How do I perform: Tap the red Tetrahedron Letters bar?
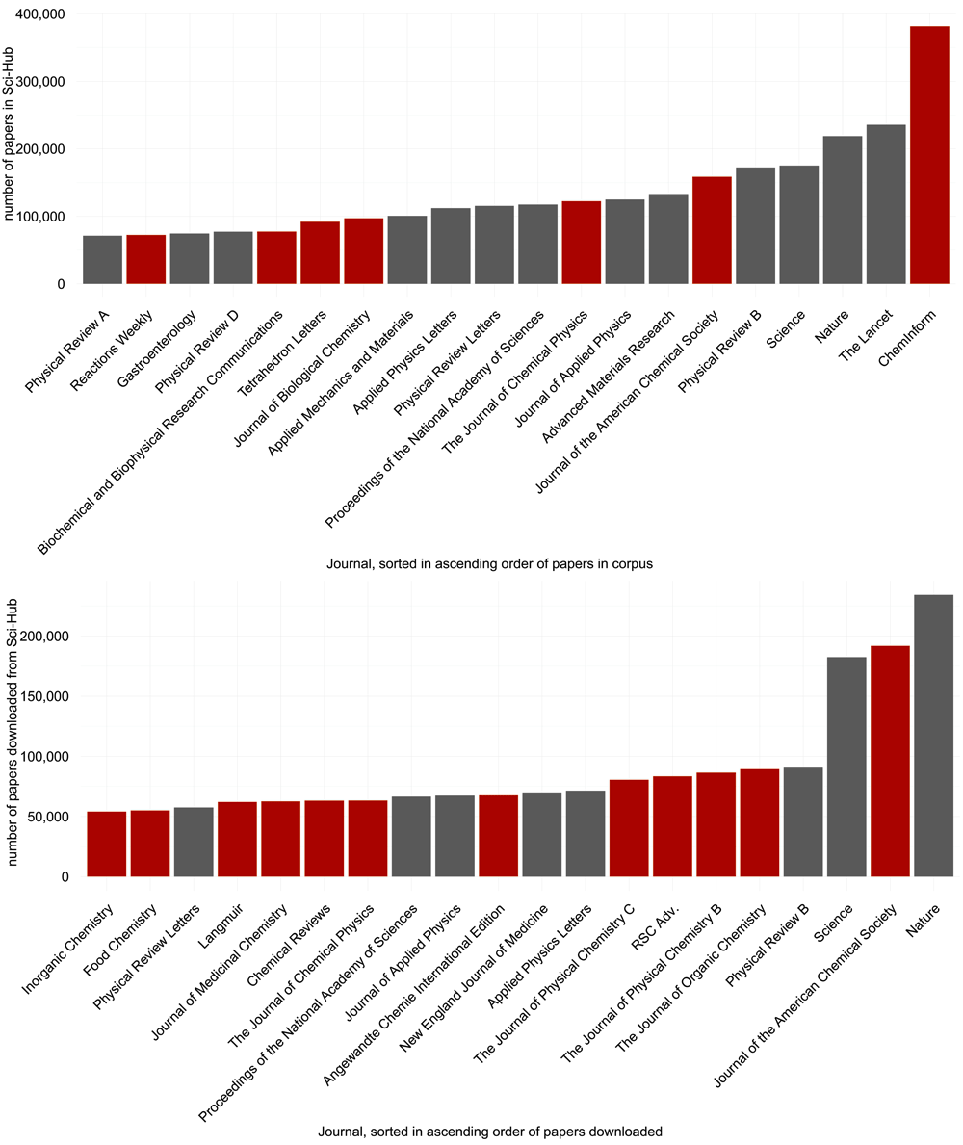tap(320, 253)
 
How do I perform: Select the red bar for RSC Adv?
tap(672, 826)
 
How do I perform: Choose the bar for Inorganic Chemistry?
tap(107, 845)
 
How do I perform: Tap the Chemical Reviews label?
tap(294, 934)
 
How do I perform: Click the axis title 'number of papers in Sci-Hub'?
tap(11, 125)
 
